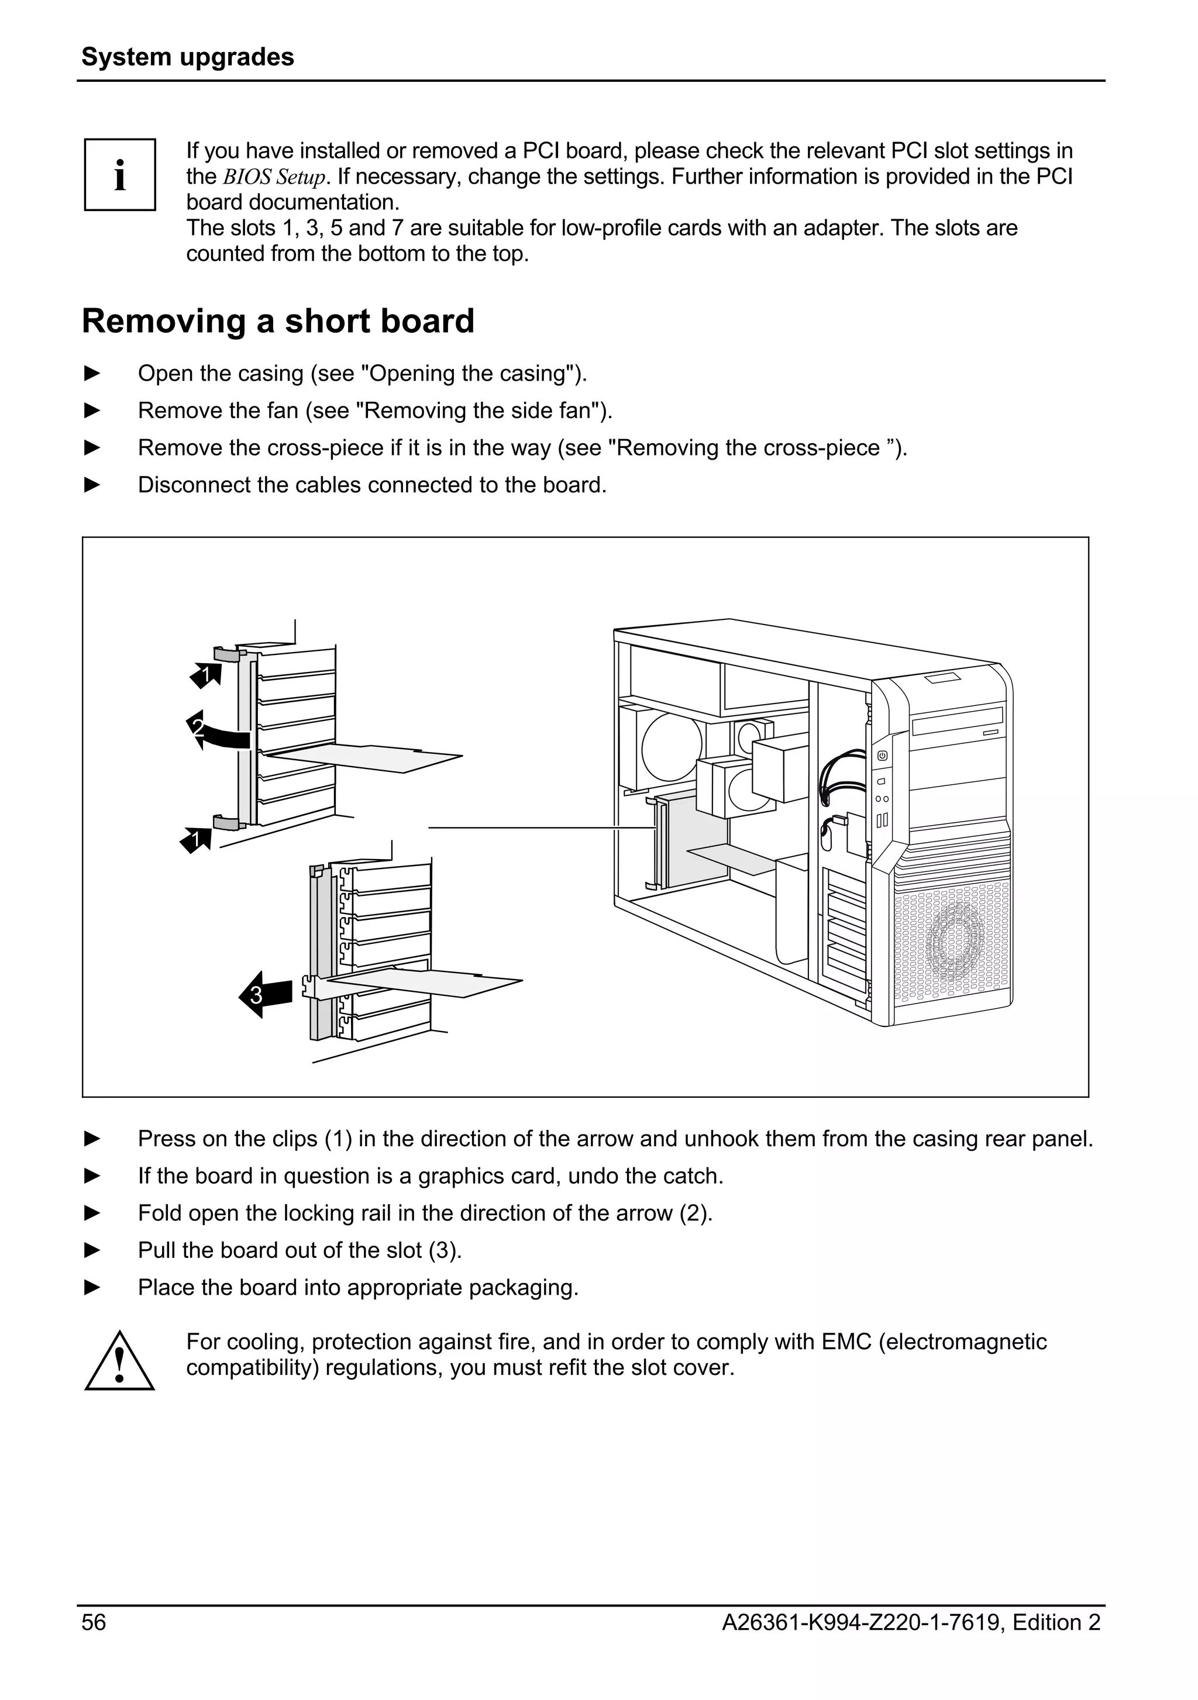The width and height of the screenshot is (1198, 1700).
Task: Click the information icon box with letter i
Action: [119, 175]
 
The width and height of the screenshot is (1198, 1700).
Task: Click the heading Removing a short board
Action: [278, 321]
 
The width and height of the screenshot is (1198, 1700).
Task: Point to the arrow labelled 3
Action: [264, 994]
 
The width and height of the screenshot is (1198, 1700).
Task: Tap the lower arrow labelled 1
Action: [196, 840]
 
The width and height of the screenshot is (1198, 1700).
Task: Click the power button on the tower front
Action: [882, 756]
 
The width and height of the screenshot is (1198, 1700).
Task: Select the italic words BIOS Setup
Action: [274, 177]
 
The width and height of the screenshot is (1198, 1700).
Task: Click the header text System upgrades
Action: [187, 57]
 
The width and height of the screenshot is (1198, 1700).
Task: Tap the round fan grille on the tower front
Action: [955, 943]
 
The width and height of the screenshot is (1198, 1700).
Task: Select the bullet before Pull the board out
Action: [92, 1250]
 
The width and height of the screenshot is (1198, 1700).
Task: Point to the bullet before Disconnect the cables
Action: [92, 485]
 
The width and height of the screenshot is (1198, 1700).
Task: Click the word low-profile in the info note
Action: [612, 228]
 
